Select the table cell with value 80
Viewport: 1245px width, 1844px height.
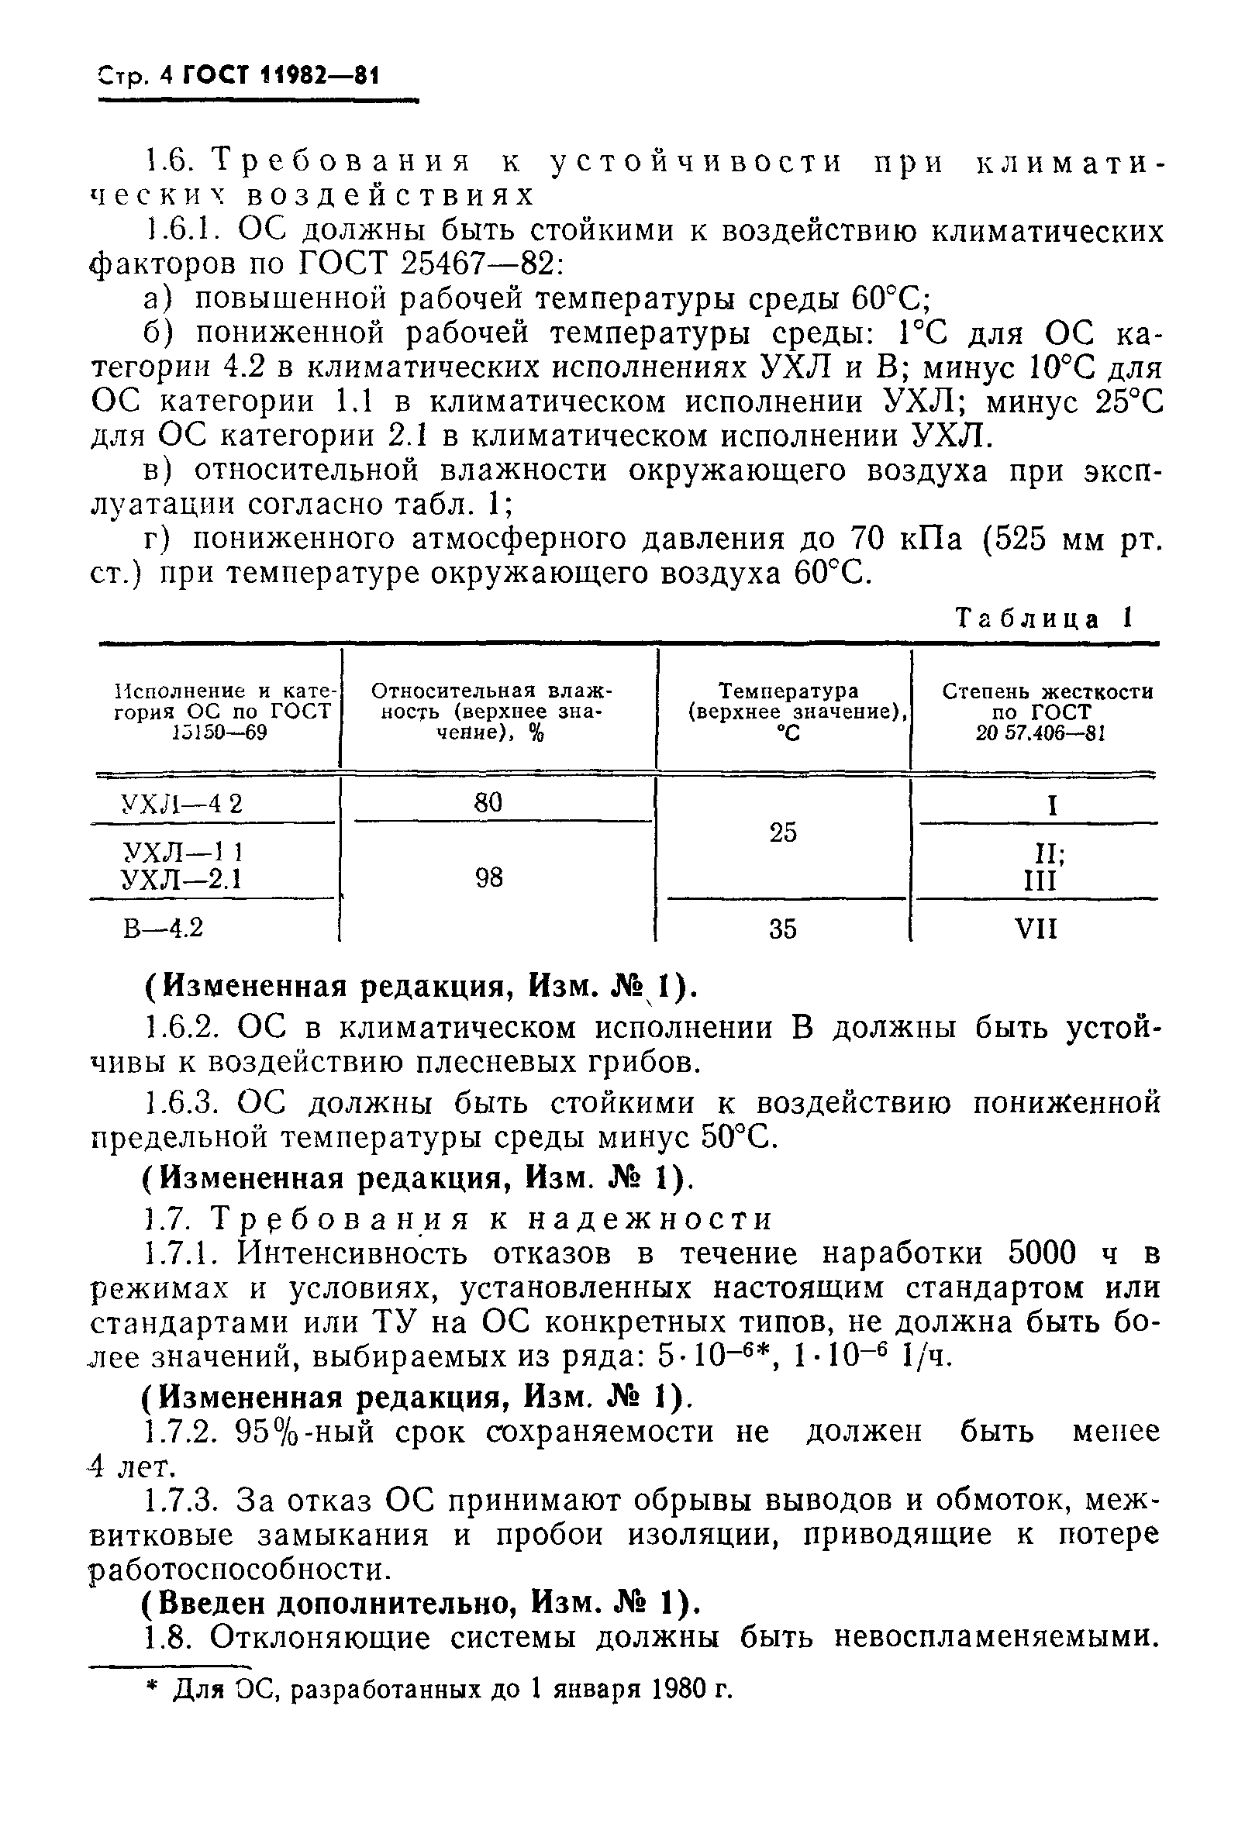pyautogui.click(x=488, y=803)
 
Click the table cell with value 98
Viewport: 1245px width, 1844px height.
pyautogui.click(x=489, y=877)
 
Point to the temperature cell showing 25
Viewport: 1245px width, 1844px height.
pyautogui.click(x=782, y=832)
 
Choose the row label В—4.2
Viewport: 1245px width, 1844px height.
pyautogui.click(x=164, y=927)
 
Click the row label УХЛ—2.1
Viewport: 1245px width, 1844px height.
pyautogui.click(x=181, y=879)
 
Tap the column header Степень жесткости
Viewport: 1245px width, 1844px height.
pyautogui.click(x=1047, y=692)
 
